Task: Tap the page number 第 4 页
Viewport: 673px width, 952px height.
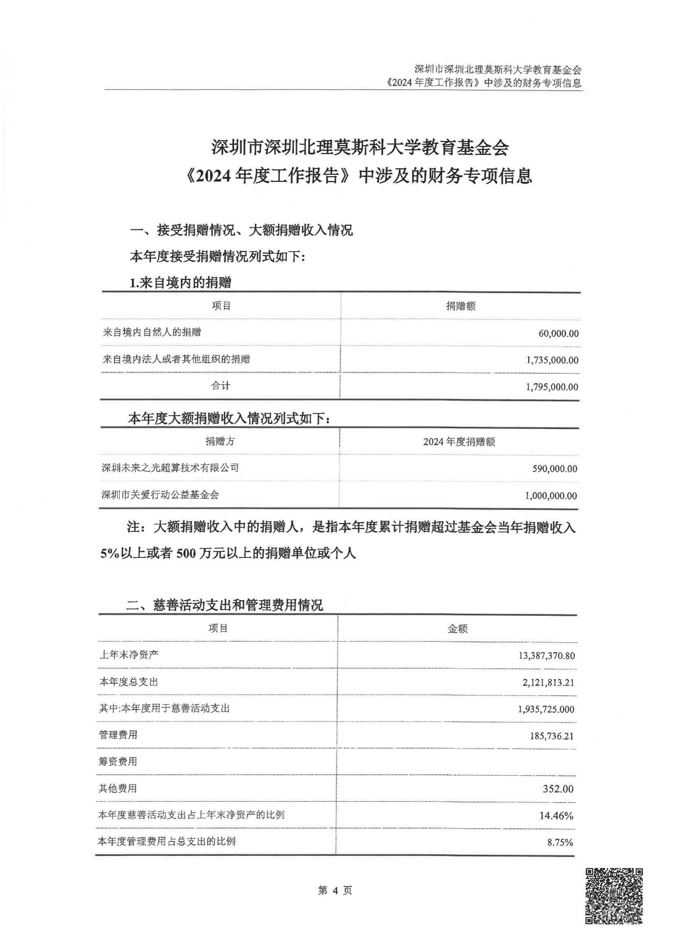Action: click(335, 890)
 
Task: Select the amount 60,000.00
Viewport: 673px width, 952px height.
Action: click(558, 333)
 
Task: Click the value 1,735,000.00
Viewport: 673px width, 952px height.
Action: click(552, 360)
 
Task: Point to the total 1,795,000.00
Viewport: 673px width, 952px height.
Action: click(552, 387)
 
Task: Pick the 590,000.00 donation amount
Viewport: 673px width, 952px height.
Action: click(554, 469)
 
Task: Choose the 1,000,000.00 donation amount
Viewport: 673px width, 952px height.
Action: click(551, 496)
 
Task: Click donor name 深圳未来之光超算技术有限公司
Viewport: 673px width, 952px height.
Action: click(170, 468)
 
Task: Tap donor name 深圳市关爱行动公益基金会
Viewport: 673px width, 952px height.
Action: click(160, 495)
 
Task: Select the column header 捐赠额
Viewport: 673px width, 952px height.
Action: click(460, 306)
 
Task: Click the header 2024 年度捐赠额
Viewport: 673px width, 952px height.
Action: click(459, 442)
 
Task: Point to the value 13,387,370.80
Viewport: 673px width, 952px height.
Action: click(546, 656)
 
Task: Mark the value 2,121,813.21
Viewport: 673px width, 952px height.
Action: click(548, 683)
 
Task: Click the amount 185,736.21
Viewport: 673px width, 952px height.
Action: click(552, 736)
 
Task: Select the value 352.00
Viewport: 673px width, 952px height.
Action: click(558, 789)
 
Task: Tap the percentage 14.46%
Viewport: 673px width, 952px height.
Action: click(556, 815)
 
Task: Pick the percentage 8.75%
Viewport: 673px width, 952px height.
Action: click(560, 842)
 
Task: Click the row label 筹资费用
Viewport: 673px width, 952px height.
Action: click(118, 761)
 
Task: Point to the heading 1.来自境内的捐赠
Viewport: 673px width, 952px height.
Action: click(180, 283)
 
